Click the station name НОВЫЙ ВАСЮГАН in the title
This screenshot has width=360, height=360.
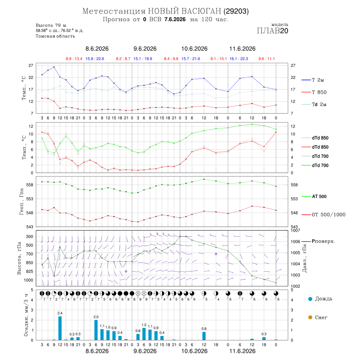[184, 11]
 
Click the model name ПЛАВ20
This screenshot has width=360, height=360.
[272, 30]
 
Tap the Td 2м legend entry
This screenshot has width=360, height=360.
[314, 104]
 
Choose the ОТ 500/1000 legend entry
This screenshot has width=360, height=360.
[324, 215]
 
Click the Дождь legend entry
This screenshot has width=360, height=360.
[320, 299]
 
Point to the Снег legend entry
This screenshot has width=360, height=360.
[318, 317]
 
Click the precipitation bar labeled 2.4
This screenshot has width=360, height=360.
[60, 328]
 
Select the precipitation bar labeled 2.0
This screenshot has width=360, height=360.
[96, 330]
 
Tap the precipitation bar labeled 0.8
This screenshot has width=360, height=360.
[204, 336]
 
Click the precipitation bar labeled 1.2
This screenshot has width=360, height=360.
[144, 334]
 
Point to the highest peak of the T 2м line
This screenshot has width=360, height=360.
[54, 67]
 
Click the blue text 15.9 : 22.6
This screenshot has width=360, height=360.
[95, 59]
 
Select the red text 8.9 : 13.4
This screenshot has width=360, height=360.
[74, 59]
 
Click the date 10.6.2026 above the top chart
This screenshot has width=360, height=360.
[194, 49]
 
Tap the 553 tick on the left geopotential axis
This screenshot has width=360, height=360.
[30, 199]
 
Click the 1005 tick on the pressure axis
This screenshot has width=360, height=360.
[296, 253]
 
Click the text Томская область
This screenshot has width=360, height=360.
[55, 36]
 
